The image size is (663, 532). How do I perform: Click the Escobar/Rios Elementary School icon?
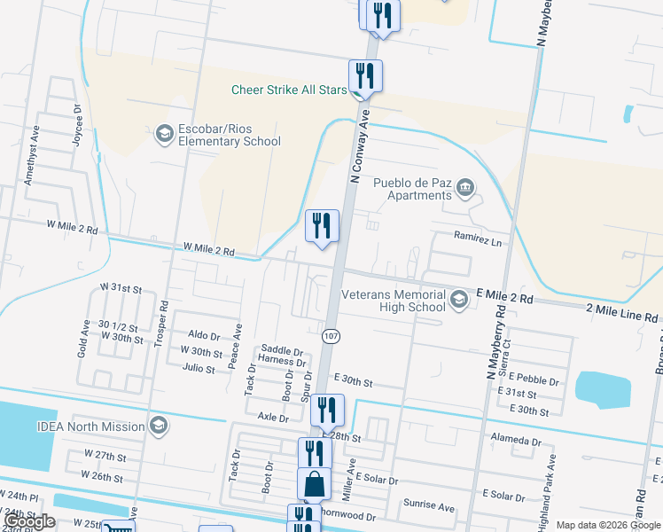[163, 134]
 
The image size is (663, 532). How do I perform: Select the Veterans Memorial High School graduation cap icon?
[458, 300]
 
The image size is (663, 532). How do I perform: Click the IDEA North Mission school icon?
[159, 426]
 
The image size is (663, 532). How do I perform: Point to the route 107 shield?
[331, 337]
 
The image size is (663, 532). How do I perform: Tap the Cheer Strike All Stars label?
[289, 90]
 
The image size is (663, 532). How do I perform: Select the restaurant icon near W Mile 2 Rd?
[322, 226]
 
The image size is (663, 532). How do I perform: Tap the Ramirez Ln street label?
[477, 240]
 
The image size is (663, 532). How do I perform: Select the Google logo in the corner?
[30, 522]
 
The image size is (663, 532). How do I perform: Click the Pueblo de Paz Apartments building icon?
[464, 188]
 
